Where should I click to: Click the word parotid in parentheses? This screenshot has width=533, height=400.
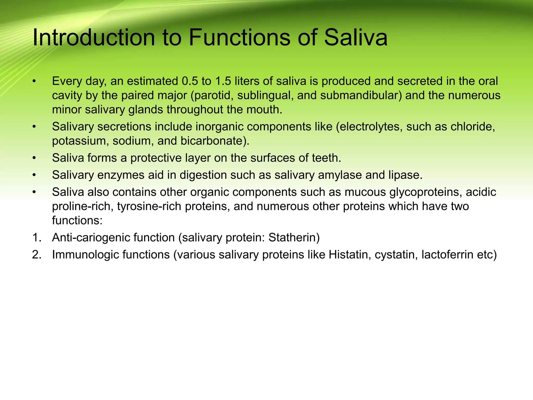click(x=212, y=96)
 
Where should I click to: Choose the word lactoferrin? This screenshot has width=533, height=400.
click(x=447, y=255)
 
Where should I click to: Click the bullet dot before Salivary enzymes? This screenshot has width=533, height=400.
click(x=34, y=175)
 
